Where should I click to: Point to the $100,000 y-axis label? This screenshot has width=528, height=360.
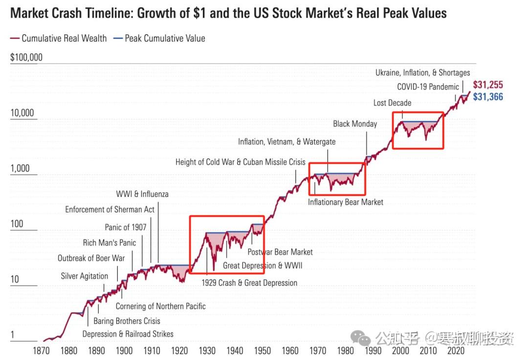(26, 58)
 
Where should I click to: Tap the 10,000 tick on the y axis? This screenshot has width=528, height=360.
(22, 113)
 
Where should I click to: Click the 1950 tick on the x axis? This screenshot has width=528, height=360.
(263, 350)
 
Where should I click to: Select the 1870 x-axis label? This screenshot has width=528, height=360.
(42, 350)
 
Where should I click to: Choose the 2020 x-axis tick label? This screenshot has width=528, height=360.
(456, 350)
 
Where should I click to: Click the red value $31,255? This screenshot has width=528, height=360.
(487, 85)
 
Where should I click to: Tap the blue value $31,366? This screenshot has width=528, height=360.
(487, 97)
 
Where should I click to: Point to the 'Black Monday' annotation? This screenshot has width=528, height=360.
(355, 124)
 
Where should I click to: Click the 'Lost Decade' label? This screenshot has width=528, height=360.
(392, 103)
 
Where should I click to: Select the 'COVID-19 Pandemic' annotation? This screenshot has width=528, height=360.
(428, 87)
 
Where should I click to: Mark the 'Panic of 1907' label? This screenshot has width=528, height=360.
(125, 227)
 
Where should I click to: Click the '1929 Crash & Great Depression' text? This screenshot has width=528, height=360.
(249, 282)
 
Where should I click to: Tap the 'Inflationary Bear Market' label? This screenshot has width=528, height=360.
(346, 202)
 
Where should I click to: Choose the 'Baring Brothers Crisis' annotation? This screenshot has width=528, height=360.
(127, 321)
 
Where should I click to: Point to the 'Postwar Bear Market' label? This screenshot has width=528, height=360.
(280, 252)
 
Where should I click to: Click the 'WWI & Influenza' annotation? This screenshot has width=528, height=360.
(142, 194)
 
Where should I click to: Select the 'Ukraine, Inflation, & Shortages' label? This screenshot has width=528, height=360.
(422, 72)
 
